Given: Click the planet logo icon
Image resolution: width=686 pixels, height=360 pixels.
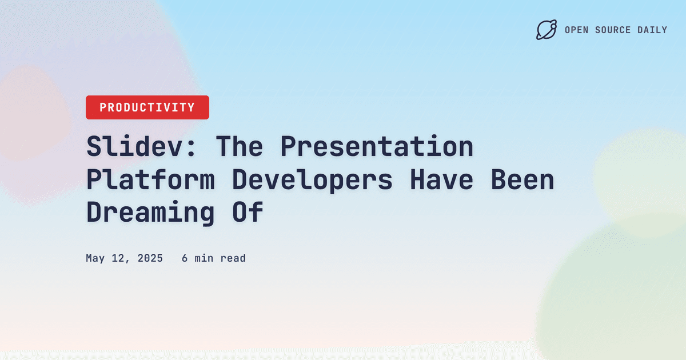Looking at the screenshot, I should click(546, 30).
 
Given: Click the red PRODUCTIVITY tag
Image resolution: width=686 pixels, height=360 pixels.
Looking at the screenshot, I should click(147, 107).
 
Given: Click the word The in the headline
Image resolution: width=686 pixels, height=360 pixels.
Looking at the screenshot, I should click(239, 147).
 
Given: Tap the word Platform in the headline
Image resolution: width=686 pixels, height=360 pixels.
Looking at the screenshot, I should click(150, 179).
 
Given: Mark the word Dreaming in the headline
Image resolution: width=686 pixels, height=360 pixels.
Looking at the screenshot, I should click(150, 212).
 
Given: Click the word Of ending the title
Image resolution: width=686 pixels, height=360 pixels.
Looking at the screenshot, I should click(247, 212).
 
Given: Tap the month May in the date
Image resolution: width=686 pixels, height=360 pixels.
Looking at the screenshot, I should click(95, 258).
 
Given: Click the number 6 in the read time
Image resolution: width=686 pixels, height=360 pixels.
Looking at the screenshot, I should click(185, 258).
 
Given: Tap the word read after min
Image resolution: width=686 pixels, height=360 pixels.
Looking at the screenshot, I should click(233, 258).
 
